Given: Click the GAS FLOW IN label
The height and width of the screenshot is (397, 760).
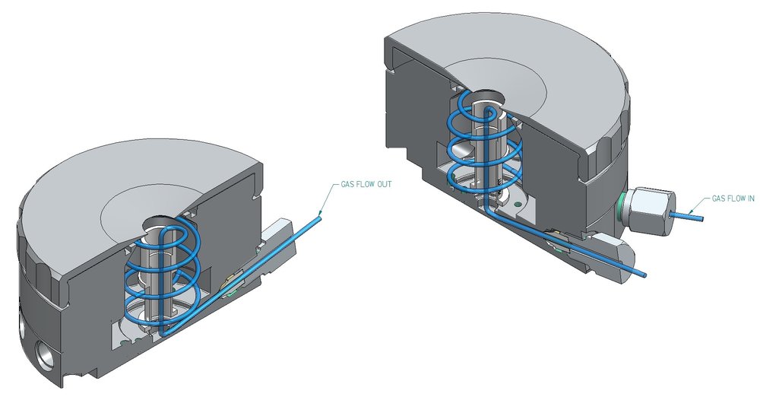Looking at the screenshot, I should tap(733, 198).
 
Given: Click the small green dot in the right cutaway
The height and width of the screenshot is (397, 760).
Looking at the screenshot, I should tap(517, 203).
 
